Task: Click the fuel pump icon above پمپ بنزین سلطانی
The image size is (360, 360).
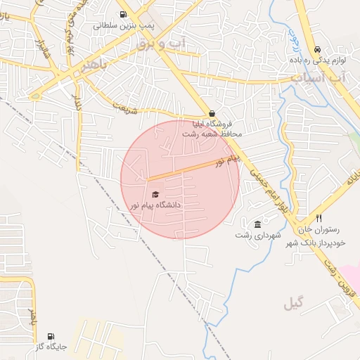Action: [124, 14]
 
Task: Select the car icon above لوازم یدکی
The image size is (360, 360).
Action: [318, 49]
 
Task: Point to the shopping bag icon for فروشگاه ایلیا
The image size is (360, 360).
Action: [212, 113]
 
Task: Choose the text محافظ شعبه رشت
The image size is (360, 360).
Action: [212, 133]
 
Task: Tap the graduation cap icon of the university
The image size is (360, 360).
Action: [155, 194]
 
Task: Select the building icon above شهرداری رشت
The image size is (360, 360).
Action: [258, 223]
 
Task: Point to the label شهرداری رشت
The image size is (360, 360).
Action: [258, 234]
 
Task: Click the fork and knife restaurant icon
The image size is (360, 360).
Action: [319, 219]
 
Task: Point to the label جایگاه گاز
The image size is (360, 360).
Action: [50, 347]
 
